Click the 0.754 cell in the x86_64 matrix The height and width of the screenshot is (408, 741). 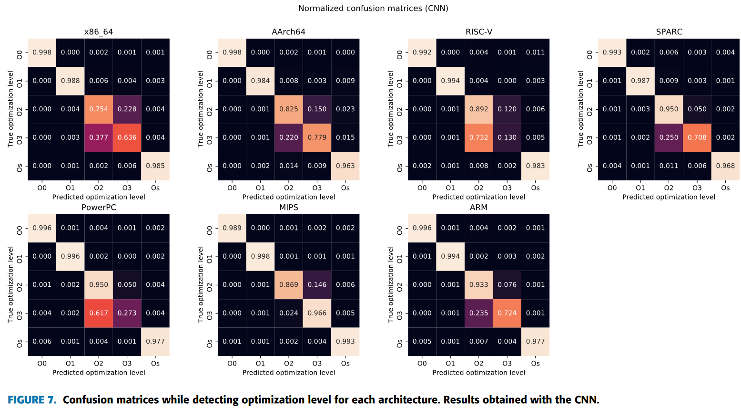(99, 109)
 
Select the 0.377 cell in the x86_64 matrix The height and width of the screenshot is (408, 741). (99, 137)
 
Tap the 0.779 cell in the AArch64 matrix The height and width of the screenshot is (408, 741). (317, 137)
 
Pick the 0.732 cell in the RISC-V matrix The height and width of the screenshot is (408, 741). (478, 137)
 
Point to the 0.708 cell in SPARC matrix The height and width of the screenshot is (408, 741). (697, 137)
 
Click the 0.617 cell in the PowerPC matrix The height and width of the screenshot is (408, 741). (99, 313)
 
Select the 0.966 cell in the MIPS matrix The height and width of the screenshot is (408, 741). (317, 313)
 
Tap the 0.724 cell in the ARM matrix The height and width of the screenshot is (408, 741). (507, 313)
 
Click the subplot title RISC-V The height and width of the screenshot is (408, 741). (478, 32)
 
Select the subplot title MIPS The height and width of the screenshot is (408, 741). (288, 208)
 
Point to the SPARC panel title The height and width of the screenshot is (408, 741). (669, 32)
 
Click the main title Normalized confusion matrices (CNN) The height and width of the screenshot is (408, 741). (373, 9)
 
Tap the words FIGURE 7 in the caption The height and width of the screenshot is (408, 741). (32, 400)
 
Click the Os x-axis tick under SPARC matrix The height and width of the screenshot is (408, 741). (725, 188)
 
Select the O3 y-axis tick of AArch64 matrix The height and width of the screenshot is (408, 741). (210, 137)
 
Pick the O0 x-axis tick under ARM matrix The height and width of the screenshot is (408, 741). (422, 364)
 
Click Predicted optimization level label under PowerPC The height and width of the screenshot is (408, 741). (99, 373)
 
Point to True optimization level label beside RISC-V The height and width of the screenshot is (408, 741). (390, 109)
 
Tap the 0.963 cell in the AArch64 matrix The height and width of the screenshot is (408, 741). (345, 166)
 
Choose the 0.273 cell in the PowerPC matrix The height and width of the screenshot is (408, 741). (127, 313)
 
